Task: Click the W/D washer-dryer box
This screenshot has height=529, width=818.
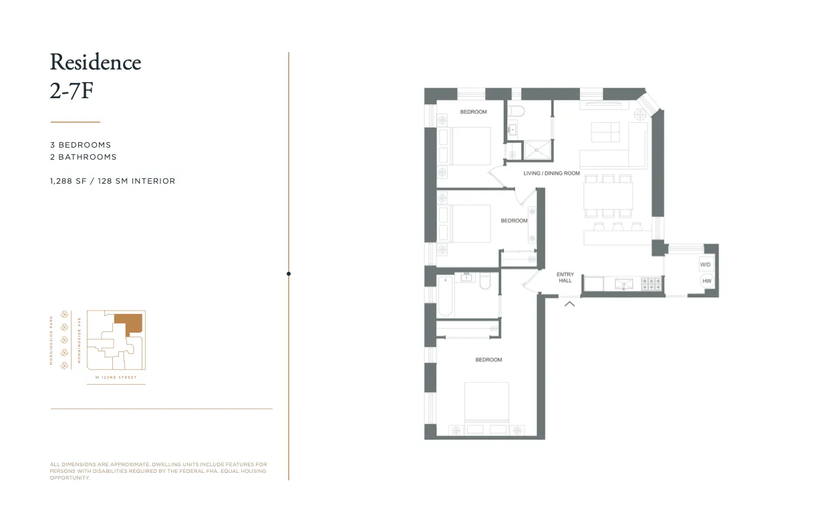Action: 706,264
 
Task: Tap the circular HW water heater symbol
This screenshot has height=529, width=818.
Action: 706,281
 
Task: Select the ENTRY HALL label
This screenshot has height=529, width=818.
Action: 565,277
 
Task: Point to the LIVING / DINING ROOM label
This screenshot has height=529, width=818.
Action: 551,173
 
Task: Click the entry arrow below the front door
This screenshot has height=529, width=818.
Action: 569,304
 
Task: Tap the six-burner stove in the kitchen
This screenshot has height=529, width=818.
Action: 652,284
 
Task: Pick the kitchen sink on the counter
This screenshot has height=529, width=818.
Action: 624,285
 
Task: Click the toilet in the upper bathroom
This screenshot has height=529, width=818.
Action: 515,110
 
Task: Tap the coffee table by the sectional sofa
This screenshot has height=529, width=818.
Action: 605,132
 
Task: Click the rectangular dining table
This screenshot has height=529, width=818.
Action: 608,195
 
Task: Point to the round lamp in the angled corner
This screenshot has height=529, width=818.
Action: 640,114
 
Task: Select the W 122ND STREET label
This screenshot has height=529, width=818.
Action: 116,378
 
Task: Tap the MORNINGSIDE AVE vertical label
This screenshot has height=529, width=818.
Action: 79,340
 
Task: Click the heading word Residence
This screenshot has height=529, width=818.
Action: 96,63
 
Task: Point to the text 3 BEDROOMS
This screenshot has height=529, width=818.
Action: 80,145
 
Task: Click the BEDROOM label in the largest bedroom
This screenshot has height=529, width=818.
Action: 489,360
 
